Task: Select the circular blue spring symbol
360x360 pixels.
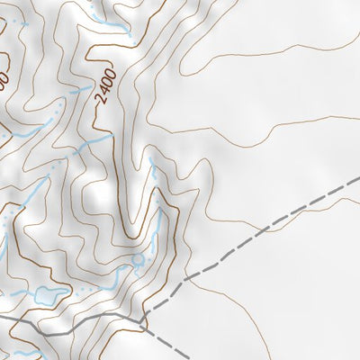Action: tap(138, 261)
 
